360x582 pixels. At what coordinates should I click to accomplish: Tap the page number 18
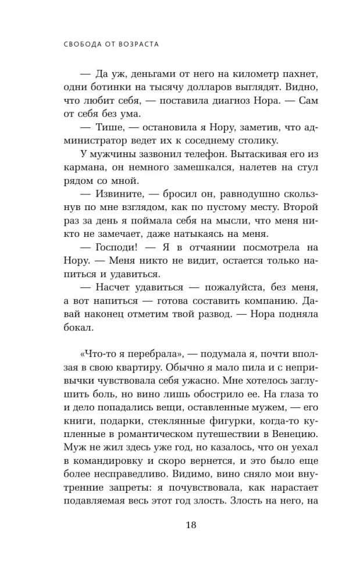click(191, 525)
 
